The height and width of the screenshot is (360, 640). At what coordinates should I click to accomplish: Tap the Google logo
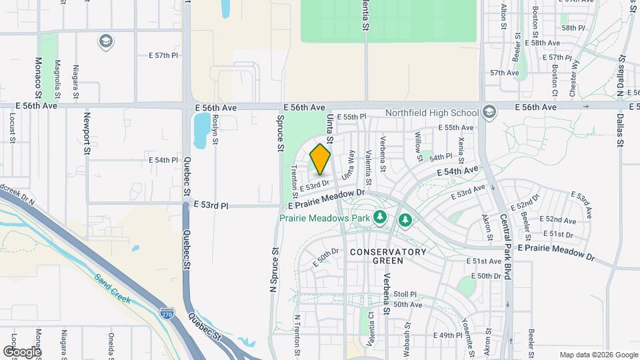22,351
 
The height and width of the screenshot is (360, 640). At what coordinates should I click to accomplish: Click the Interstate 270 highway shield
168,312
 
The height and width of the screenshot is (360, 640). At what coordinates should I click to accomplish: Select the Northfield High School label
432,113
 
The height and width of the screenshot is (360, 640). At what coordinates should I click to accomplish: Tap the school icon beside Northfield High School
490,112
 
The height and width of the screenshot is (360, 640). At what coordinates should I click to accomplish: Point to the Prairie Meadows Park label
324,217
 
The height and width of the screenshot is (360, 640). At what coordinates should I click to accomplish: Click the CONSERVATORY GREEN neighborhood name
387,256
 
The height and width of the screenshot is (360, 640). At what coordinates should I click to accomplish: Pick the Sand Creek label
110,286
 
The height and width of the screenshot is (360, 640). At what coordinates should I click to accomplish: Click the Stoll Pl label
405,294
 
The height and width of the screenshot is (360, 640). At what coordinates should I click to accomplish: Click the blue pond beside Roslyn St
199,130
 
